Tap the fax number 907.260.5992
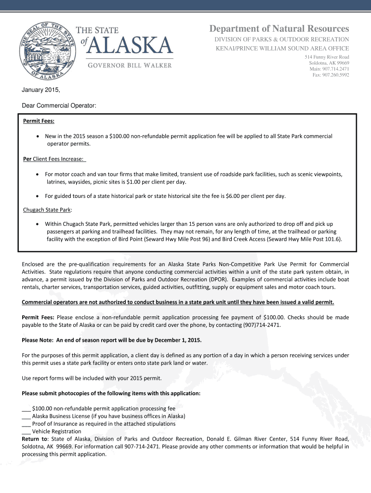[x=331, y=75]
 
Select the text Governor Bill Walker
[x=129, y=65]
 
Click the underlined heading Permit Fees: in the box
[x=39, y=121]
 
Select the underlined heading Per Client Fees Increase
[x=53, y=159]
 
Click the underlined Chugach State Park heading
[x=48, y=209]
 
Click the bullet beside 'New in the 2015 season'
[x=38, y=137]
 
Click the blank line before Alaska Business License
[x=26, y=416]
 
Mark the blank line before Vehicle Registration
[x=26, y=431]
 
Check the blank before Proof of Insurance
[x=26, y=424]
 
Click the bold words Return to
[x=35, y=439]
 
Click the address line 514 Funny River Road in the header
[x=327, y=57]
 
